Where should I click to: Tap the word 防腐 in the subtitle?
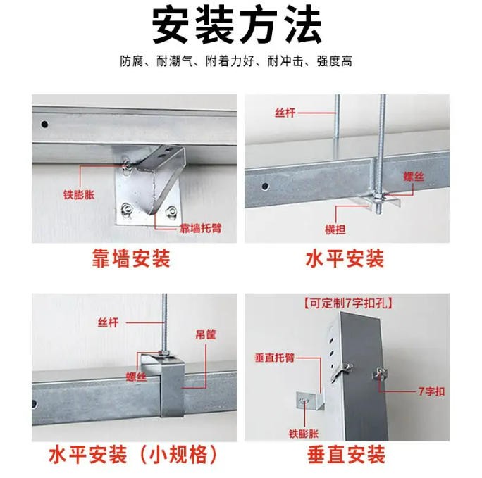point(130,61)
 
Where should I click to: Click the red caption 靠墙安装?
point(130,259)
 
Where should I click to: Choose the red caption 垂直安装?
point(346,454)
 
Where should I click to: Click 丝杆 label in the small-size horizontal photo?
point(108,323)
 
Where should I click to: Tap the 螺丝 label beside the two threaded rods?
point(415,179)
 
